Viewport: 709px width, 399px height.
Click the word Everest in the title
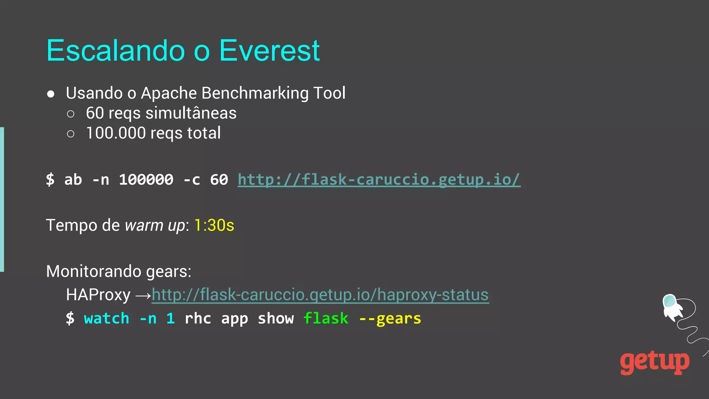[x=269, y=51]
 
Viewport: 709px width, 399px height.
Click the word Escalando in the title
[x=116, y=51]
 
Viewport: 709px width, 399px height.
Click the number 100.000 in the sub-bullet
[x=116, y=133]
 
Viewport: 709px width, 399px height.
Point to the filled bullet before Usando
[x=51, y=94]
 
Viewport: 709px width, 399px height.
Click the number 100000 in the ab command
[x=146, y=180]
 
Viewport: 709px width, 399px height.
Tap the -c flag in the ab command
[x=192, y=180]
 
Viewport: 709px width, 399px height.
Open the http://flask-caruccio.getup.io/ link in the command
[x=379, y=180]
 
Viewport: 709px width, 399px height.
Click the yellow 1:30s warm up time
[x=214, y=225]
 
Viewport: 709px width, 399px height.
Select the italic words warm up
[x=155, y=225]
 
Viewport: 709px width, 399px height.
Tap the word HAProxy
[x=98, y=295]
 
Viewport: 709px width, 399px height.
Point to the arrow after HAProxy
[x=143, y=295]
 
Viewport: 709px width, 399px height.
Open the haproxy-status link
[x=320, y=295]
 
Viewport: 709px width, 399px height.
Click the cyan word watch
[x=107, y=318]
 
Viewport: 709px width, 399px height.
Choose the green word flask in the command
[x=326, y=318]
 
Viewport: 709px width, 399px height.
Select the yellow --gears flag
[x=390, y=318]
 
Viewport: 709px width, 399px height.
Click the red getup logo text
[x=654, y=362]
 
